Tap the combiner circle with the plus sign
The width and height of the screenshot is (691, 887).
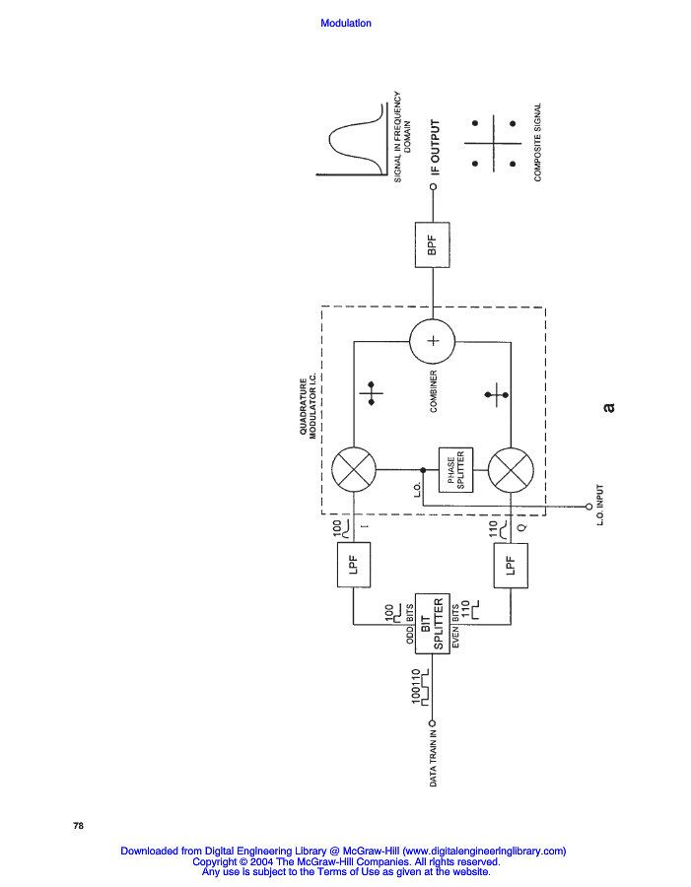[x=432, y=341]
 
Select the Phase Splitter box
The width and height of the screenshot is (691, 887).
[x=454, y=470]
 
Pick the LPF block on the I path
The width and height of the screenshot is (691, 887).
[x=354, y=565]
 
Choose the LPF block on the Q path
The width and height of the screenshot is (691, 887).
[x=510, y=565]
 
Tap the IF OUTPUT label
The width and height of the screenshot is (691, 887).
[x=434, y=148]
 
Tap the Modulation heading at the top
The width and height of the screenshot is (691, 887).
[x=346, y=24]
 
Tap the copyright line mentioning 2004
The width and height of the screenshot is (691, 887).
[x=345, y=861]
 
